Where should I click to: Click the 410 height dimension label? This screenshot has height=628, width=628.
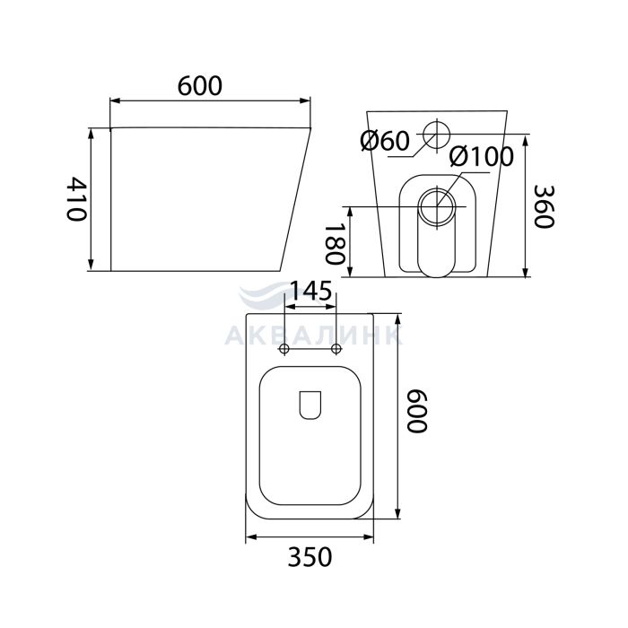[76, 198]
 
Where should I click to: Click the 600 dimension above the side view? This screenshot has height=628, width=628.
[199, 86]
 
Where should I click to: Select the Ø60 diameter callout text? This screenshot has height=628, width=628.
[385, 141]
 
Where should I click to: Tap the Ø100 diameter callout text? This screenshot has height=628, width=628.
[481, 156]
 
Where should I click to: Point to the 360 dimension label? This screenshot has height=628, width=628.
[544, 206]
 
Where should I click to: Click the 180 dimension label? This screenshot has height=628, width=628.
[334, 243]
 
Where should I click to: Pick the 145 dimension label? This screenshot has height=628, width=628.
[310, 290]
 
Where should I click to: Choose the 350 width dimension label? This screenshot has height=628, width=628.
[310, 557]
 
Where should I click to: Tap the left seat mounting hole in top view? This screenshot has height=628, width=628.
[284, 348]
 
